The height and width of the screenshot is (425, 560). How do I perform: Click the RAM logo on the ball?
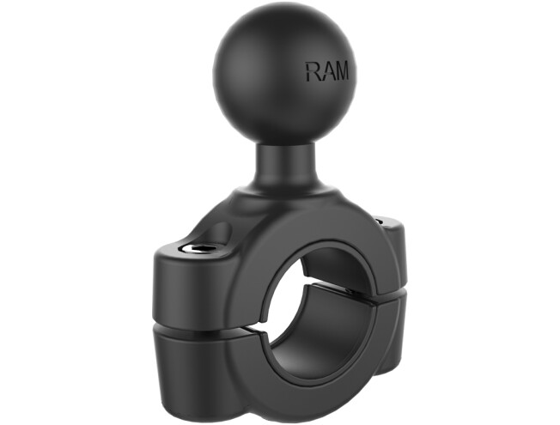click(327, 70)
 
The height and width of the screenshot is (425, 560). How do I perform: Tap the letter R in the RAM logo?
click(313, 70)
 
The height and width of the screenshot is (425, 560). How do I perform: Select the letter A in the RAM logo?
click(326, 70)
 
